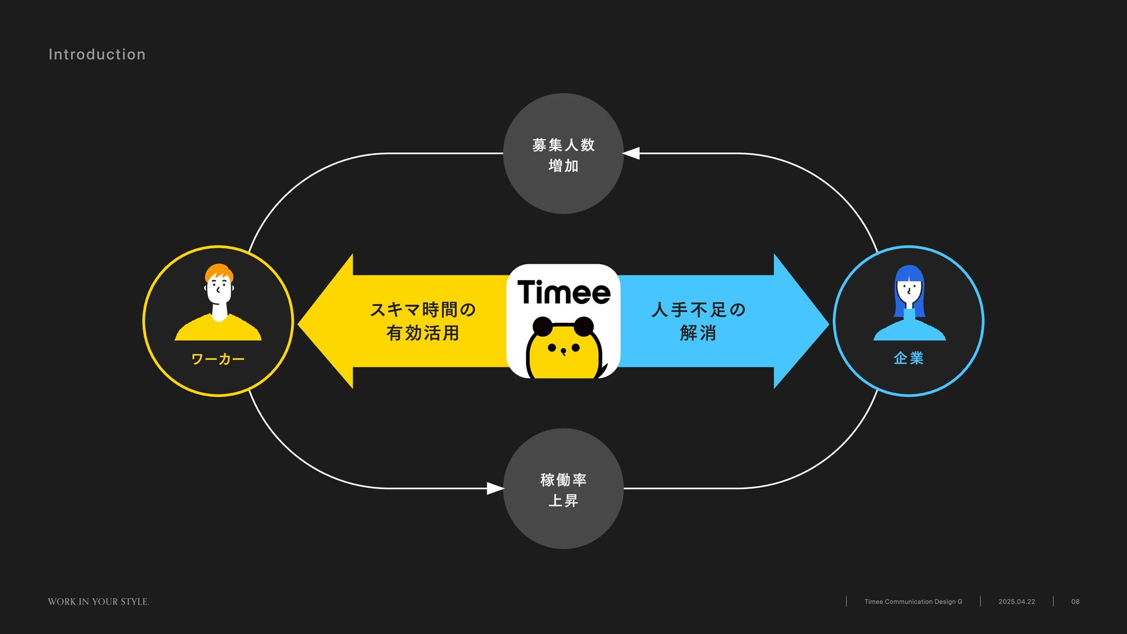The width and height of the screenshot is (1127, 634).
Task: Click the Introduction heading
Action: point(97,55)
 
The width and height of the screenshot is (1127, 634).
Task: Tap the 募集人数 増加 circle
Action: point(563,154)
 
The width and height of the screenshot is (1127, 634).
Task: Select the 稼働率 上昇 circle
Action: point(563,489)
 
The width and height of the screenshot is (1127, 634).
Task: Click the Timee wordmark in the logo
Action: point(563,292)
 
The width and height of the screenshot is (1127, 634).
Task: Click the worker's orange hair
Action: point(218,272)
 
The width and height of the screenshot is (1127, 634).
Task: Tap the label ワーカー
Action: point(218,359)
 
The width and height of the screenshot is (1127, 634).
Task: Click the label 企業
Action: point(908,358)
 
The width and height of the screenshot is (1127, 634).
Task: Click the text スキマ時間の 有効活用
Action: point(423,321)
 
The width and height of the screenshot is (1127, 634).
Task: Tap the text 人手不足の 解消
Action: point(698,321)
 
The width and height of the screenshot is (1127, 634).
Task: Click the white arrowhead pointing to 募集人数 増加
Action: point(631,153)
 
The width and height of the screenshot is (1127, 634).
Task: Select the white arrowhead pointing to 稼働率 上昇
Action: point(495,488)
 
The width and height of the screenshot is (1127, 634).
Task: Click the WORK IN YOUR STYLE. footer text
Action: point(99,602)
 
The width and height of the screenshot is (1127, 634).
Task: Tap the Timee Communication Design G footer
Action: point(913,602)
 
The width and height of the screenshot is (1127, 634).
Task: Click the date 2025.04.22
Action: point(1017,602)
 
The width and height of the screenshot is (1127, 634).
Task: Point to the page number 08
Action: point(1075,602)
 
